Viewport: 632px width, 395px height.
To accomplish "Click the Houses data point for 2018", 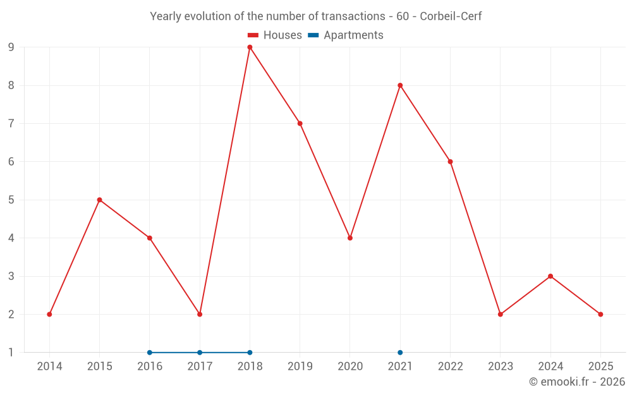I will click(250, 47).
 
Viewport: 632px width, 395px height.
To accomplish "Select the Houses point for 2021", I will click(400, 85).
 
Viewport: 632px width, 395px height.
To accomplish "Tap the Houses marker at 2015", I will click(99, 200).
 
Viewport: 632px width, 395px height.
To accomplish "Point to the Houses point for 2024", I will click(550, 276).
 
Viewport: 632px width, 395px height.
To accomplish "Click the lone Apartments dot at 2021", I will click(400, 353).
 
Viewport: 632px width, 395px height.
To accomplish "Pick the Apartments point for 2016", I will click(150, 353).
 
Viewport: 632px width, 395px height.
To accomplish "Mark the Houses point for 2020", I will click(350, 238).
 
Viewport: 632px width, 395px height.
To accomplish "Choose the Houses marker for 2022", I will click(450, 162).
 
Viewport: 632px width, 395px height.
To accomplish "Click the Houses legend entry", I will click(275, 35).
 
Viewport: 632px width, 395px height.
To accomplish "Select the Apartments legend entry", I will click(346, 35).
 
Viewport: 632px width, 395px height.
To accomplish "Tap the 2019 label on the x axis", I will click(300, 367).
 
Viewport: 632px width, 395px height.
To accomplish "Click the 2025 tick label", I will click(600, 367).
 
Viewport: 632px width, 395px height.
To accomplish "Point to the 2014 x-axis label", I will click(49, 367).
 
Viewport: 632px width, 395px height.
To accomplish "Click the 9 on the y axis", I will click(11, 47).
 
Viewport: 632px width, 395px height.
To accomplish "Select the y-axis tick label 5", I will click(11, 200).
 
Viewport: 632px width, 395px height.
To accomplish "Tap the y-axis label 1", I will click(11, 353).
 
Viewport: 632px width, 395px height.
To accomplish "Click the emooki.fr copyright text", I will click(577, 382).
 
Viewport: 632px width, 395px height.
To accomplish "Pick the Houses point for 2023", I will click(501, 314).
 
